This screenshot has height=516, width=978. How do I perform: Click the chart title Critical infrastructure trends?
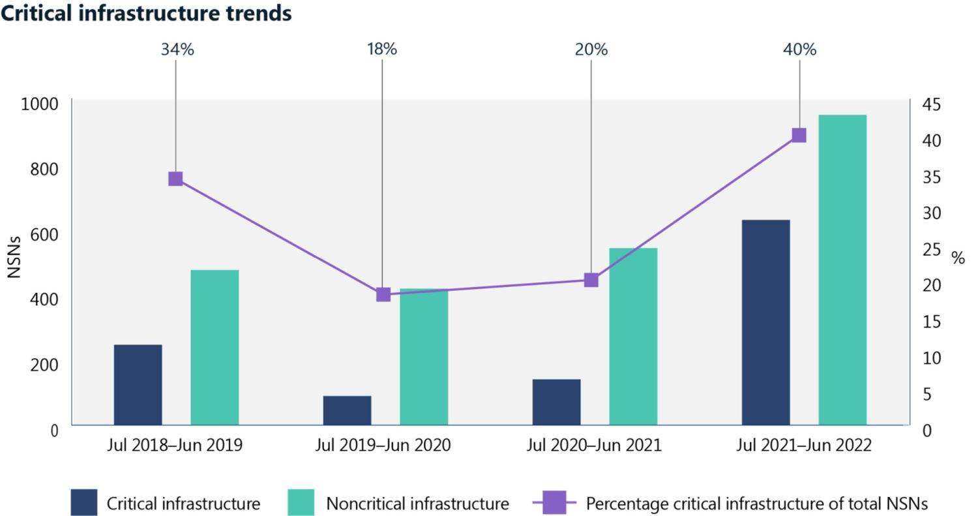tap(146, 13)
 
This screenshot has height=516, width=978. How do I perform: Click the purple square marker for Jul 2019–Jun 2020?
tap(383, 294)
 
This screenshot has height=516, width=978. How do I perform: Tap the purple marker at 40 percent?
tap(799, 135)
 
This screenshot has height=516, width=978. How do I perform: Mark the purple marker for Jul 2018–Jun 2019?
tap(175, 179)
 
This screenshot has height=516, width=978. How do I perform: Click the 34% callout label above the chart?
tap(177, 50)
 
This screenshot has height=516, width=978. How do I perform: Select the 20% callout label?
tap(591, 50)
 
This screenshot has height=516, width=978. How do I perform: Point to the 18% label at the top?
tap(381, 50)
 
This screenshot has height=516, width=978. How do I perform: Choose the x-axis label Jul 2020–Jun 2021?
tap(593, 446)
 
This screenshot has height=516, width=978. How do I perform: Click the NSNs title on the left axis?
tap(14, 257)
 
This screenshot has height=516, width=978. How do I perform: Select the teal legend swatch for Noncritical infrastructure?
tap(301, 502)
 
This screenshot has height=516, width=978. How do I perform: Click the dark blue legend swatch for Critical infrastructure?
tap(84, 502)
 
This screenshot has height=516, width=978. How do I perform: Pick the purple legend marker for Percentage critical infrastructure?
tap(554, 502)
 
